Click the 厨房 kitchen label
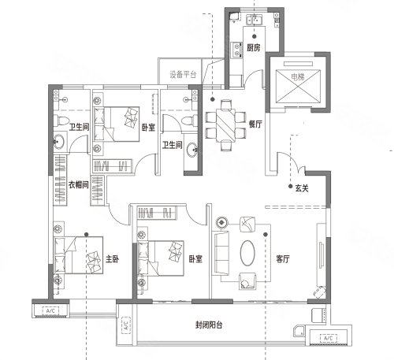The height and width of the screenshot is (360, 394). click(x=253, y=48)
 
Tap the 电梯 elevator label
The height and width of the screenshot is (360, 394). click(x=298, y=76)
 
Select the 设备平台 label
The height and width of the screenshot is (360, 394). click(x=183, y=75)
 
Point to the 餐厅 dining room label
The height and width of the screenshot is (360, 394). click(x=255, y=124)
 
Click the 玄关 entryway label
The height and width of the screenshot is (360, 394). click(x=302, y=188)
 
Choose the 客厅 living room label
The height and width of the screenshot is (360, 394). click(x=283, y=259)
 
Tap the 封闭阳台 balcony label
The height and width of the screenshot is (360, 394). click(x=209, y=325)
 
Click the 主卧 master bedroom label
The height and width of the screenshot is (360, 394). click(x=112, y=259)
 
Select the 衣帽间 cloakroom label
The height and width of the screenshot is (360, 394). click(x=78, y=185)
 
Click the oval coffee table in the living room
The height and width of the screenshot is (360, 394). click(x=247, y=253)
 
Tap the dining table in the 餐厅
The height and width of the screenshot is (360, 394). click(x=226, y=125)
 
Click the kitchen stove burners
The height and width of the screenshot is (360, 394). click(x=236, y=50)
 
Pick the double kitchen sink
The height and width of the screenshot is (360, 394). click(x=254, y=20)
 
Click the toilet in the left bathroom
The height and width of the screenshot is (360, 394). click(x=61, y=121)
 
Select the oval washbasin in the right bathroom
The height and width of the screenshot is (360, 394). click(x=192, y=150)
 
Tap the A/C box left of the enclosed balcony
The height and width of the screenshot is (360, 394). click(x=126, y=325)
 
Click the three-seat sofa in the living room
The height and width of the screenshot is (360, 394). click(x=221, y=253)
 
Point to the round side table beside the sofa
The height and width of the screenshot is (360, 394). click(x=222, y=223)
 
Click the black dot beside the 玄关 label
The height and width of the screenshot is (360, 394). click(x=290, y=186)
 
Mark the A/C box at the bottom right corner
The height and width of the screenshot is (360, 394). click(x=329, y=338)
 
